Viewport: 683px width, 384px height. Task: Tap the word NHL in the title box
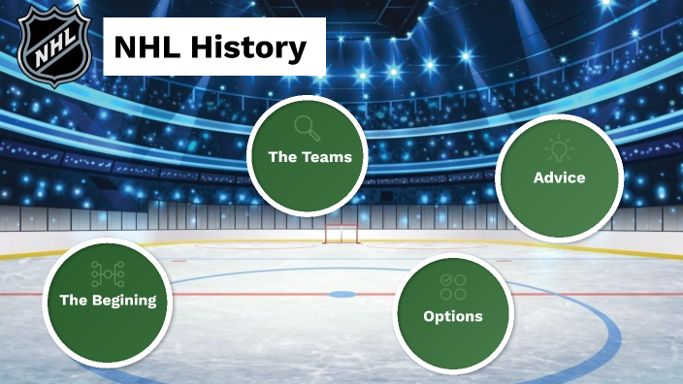click(x=150, y=47)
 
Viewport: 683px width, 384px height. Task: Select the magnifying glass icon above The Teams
click(x=308, y=127)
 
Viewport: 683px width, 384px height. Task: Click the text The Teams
click(x=309, y=156)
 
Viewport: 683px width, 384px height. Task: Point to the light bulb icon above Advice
click(x=559, y=148)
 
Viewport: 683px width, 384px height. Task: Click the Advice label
click(x=559, y=177)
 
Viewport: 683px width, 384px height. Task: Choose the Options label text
click(x=452, y=316)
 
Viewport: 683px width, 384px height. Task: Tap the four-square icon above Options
click(x=453, y=286)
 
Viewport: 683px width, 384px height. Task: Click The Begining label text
click(x=108, y=300)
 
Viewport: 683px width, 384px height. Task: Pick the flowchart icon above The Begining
click(x=107, y=272)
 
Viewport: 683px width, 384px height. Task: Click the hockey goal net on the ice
click(x=340, y=234)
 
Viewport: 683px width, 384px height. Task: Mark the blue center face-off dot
click(x=341, y=294)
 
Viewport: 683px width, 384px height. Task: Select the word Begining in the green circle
click(x=124, y=300)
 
